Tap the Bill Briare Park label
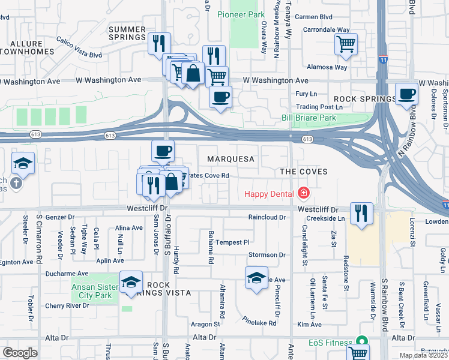(x=309, y=118)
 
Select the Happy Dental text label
(x=268, y=193)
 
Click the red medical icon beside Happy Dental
(x=304, y=193)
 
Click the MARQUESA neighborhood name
(x=231, y=160)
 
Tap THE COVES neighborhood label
(x=304, y=172)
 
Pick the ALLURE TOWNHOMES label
(x=22, y=48)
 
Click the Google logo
(x=20, y=352)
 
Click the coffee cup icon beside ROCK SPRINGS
(x=407, y=94)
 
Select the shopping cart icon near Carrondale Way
(x=346, y=44)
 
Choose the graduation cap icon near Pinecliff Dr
(x=256, y=278)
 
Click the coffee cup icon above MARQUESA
(x=162, y=151)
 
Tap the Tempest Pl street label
(x=232, y=242)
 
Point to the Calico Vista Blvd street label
(x=79, y=47)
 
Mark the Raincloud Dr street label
(x=268, y=217)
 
